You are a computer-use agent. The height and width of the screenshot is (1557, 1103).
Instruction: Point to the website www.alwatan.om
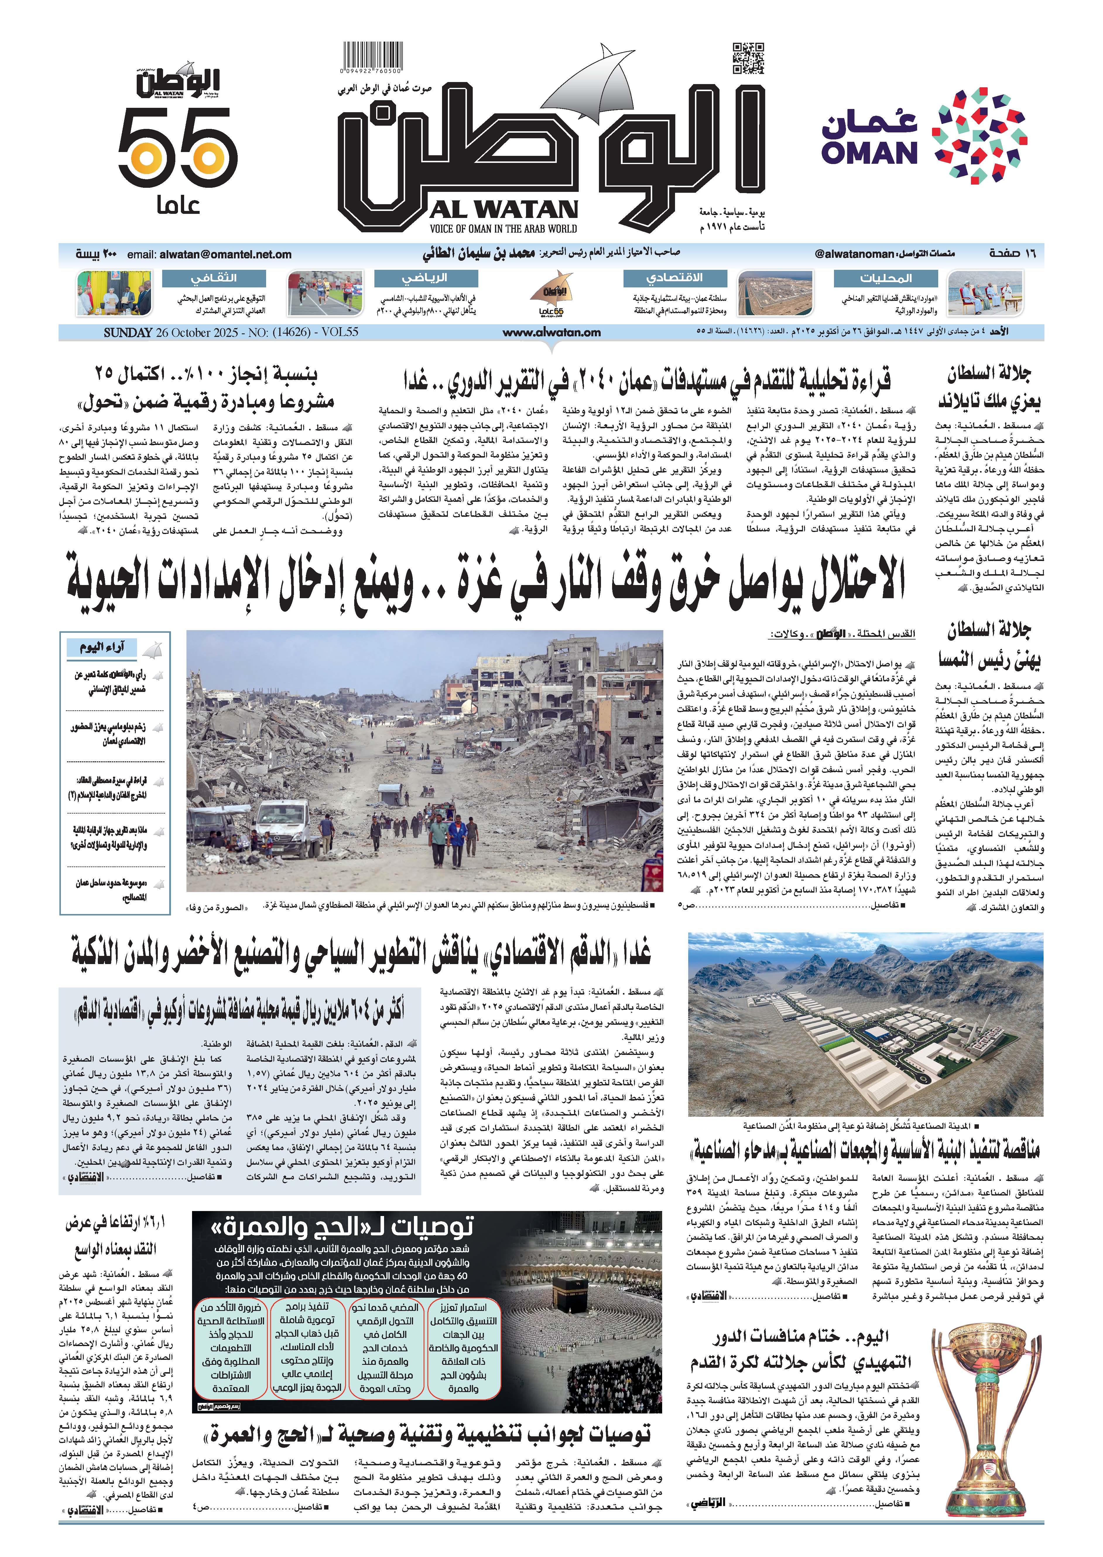[551, 332]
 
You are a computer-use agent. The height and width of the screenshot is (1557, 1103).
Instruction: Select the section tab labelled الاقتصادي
[674, 278]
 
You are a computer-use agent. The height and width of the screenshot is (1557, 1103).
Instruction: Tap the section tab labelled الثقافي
[213, 278]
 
